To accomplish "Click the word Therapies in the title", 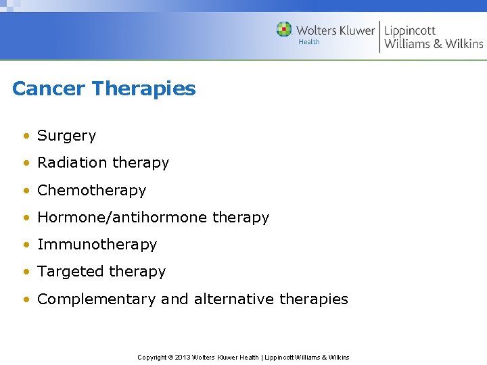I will pyautogui.click(x=143, y=89).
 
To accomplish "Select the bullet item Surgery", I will pyautogui.click(x=66, y=136).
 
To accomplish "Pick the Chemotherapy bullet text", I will pyautogui.click(x=91, y=191).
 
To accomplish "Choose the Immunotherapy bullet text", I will pyautogui.click(x=97, y=245).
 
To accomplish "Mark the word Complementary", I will pyautogui.click(x=96, y=299).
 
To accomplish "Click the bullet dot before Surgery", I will pyautogui.click(x=25, y=136).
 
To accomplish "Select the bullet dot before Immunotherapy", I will pyautogui.click(x=25, y=245).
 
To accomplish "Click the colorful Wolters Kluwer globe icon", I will pyautogui.click(x=284, y=30).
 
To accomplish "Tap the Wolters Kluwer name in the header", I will pyautogui.click(x=335, y=30).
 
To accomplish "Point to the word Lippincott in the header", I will pyautogui.click(x=410, y=30).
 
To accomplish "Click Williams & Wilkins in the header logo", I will pyautogui.click(x=434, y=45).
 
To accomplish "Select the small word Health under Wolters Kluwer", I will pyautogui.click(x=308, y=42).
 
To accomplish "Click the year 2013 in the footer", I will pyautogui.click(x=183, y=357).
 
